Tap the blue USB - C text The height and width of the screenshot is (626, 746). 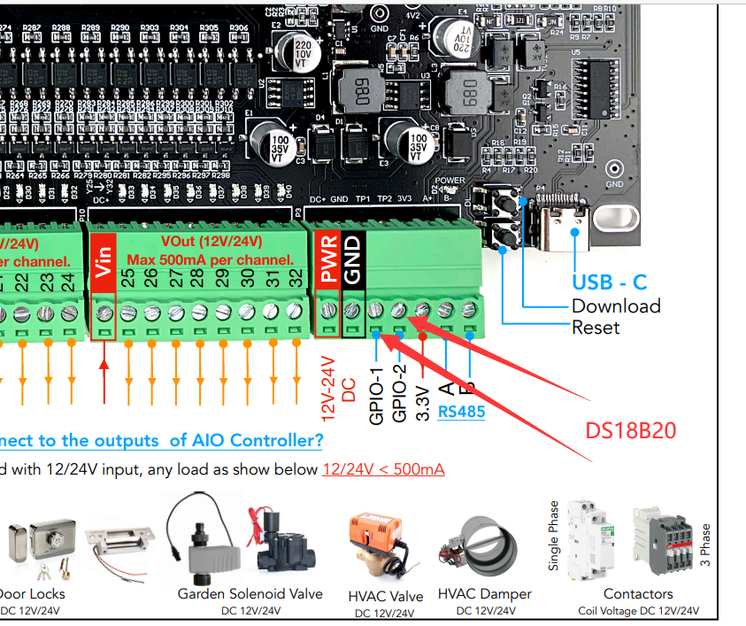pos(609,282)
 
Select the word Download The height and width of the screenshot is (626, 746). pos(616,306)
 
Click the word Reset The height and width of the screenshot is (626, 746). pos(596,328)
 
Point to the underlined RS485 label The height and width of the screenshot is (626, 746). pos(461,411)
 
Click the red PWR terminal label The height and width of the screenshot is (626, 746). pos(328,261)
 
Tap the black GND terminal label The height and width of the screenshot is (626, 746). pos(352,261)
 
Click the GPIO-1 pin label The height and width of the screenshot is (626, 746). pos(376,393)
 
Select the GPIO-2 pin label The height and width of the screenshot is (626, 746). pos(399,393)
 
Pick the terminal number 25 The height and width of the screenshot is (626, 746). pos(128,278)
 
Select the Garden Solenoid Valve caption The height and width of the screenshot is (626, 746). pos(250,594)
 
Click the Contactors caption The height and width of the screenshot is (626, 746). pos(637,594)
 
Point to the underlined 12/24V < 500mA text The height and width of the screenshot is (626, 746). pos(383,468)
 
